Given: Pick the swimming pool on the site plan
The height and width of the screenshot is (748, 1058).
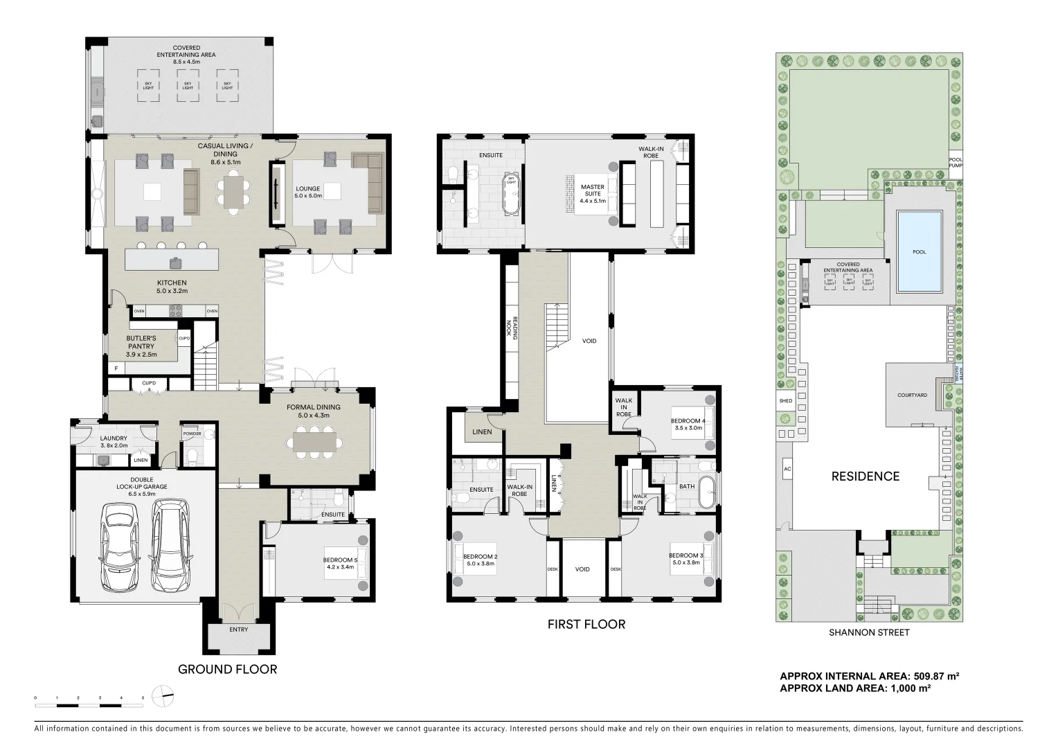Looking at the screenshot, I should click(918, 251).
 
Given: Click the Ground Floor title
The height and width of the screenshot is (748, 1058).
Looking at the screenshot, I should click(227, 669).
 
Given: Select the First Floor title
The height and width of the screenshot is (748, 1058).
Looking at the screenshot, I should click(586, 625).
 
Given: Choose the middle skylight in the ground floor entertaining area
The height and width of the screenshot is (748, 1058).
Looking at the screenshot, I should click(187, 85).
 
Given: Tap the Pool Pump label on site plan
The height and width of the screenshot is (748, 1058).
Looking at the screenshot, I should click(956, 162).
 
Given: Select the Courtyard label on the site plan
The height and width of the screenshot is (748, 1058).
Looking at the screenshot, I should click(912, 395).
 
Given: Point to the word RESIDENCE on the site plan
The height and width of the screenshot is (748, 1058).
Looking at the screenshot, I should click(865, 477).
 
